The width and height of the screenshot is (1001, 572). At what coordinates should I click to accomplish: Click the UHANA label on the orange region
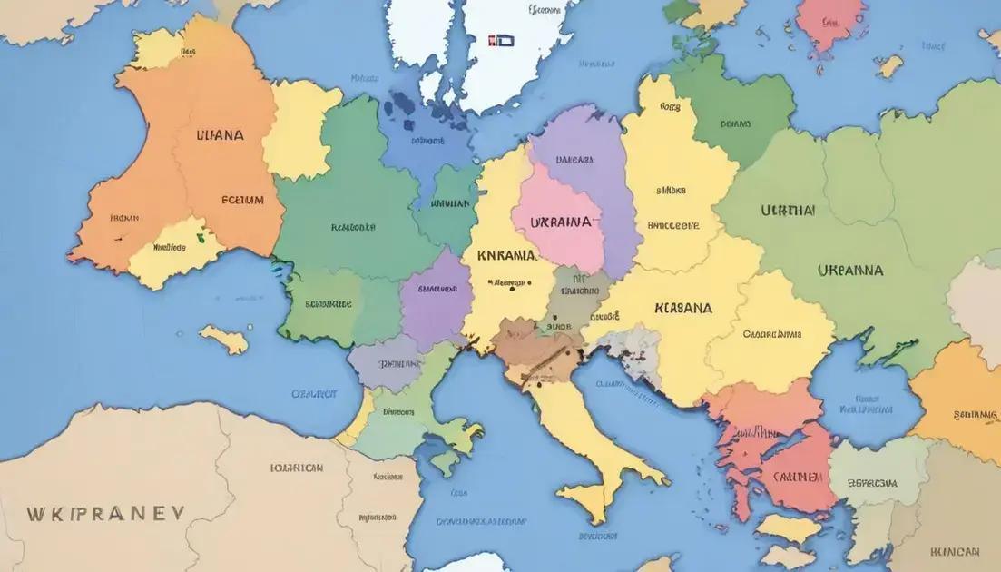point(220,135)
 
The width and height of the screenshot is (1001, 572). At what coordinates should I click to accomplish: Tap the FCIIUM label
point(242,200)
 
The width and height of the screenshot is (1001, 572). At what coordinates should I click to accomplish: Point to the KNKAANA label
point(505,256)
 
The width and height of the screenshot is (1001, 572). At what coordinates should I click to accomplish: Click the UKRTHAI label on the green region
point(788,210)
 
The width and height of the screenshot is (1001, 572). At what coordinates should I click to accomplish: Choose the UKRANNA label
point(849,271)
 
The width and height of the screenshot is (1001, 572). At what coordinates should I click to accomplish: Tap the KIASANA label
point(682,308)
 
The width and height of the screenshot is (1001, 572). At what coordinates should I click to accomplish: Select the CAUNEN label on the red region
point(799,475)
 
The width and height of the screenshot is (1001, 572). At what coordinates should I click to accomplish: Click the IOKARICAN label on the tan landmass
point(297,468)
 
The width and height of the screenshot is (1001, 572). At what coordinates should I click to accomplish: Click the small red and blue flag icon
point(501,41)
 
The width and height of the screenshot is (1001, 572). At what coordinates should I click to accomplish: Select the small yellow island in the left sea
point(223,339)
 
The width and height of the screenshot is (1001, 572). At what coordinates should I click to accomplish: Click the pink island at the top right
point(829,25)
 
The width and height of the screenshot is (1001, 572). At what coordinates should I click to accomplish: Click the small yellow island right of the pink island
point(888,65)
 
